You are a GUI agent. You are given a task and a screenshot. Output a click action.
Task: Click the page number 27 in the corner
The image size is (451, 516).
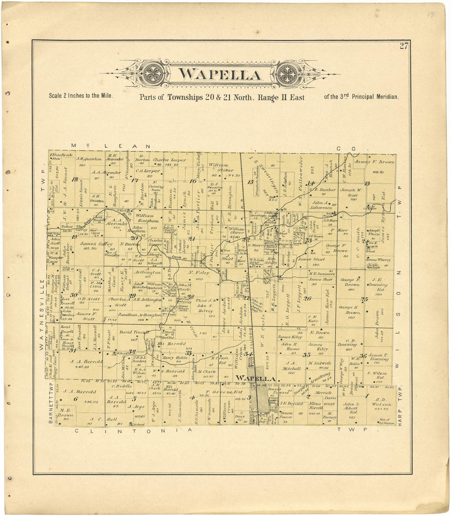[404, 46]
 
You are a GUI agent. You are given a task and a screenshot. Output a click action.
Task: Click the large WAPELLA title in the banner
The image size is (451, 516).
[221, 75]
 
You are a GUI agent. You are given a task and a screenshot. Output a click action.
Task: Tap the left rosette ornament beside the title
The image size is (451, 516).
[154, 74]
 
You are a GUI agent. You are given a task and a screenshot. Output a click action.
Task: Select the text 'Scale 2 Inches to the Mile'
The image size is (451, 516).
[80, 96]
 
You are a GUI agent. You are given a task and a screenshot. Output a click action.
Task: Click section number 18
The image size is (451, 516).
[75, 179]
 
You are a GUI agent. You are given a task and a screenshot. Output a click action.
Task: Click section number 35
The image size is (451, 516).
[306, 355]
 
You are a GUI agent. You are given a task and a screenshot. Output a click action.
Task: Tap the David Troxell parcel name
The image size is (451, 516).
[133, 332]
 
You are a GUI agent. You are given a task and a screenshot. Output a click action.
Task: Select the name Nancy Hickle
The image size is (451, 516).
[175, 358]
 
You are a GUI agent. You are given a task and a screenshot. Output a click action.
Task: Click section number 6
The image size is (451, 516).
[75, 399]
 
